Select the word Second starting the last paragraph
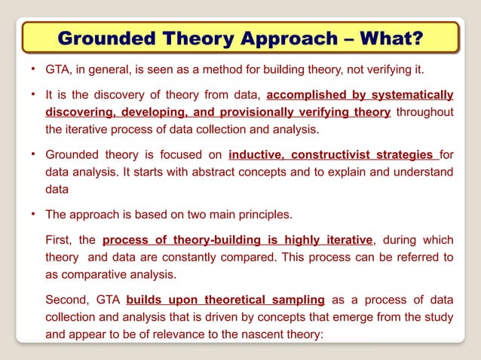67,300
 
